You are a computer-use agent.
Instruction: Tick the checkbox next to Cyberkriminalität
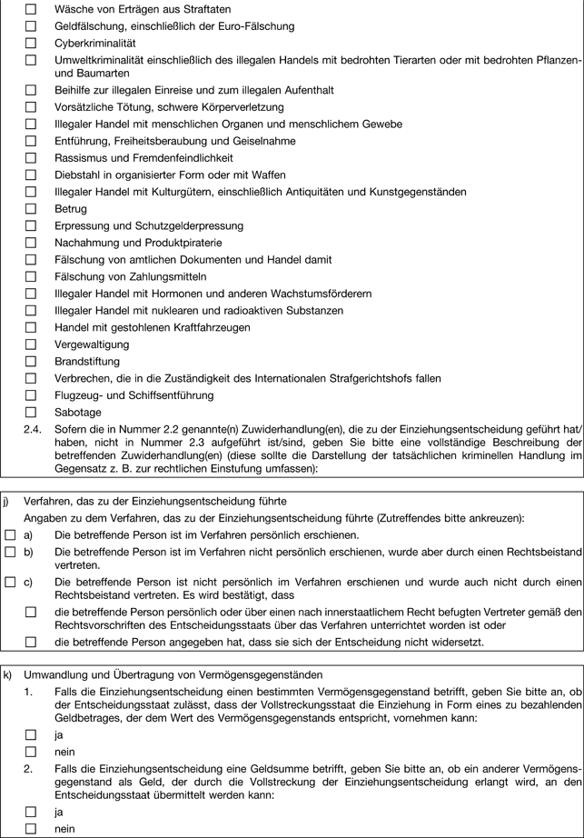coord(31,43)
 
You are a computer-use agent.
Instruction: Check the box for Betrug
coord(31,209)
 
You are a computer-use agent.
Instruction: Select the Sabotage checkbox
coord(31,412)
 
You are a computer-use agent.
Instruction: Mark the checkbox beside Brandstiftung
coord(31,361)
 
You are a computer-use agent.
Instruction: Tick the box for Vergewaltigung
coord(31,344)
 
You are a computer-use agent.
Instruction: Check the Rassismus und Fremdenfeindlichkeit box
coord(31,158)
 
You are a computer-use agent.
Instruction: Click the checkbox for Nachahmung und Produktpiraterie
coord(31,243)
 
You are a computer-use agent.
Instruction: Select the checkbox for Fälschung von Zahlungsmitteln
coord(31,276)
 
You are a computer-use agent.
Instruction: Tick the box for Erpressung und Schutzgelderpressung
coord(31,225)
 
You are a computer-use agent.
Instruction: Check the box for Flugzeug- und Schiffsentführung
coord(31,395)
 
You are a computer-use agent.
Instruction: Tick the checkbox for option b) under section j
coord(10,551)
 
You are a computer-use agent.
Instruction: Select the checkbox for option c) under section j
coord(10,582)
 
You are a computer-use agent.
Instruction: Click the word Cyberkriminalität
coord(94,43)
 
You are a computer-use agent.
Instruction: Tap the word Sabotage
coord(76,412)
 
